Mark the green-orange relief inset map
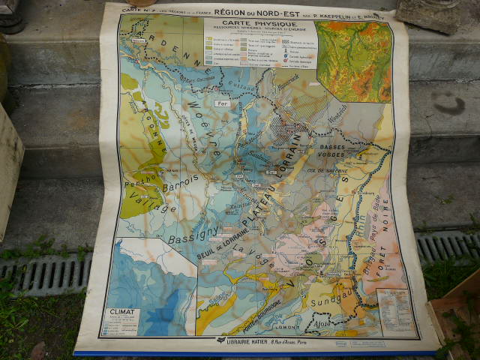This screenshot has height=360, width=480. tap(353, 61)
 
